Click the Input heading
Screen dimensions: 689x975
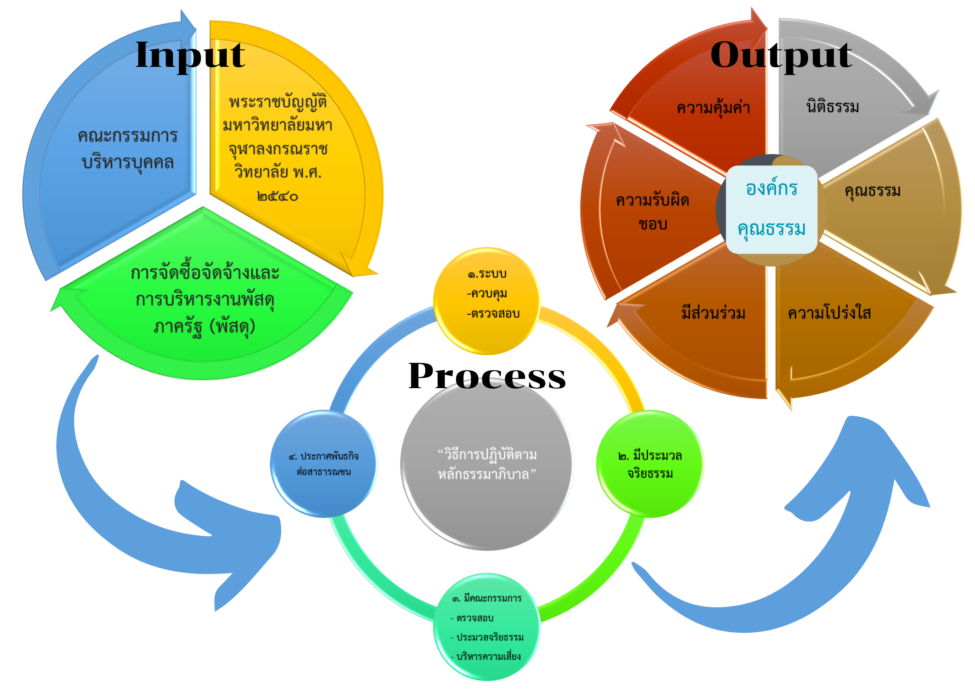[x=190, y=56]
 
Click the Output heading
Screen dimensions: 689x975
[x=781, y=56]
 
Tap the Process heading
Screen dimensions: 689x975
[x=487, y=376]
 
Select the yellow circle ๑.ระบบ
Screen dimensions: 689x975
[x=487, y=300]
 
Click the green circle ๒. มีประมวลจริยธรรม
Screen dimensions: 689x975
[x=650, y=464]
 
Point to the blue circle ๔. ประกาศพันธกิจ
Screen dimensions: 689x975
[x=324, y=464]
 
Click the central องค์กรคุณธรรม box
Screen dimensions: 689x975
[x=771, y=209]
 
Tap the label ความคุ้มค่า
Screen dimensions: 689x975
[x=713, y=108]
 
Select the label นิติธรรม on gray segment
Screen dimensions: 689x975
[x=832, y=107]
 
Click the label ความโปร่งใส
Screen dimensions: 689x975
[x=829, y=313]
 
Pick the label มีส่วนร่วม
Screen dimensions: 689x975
[x=713, y=313]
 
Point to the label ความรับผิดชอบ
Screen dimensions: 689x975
[x=652, y=212]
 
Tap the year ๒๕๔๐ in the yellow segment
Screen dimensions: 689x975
[x=278, y=197]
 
